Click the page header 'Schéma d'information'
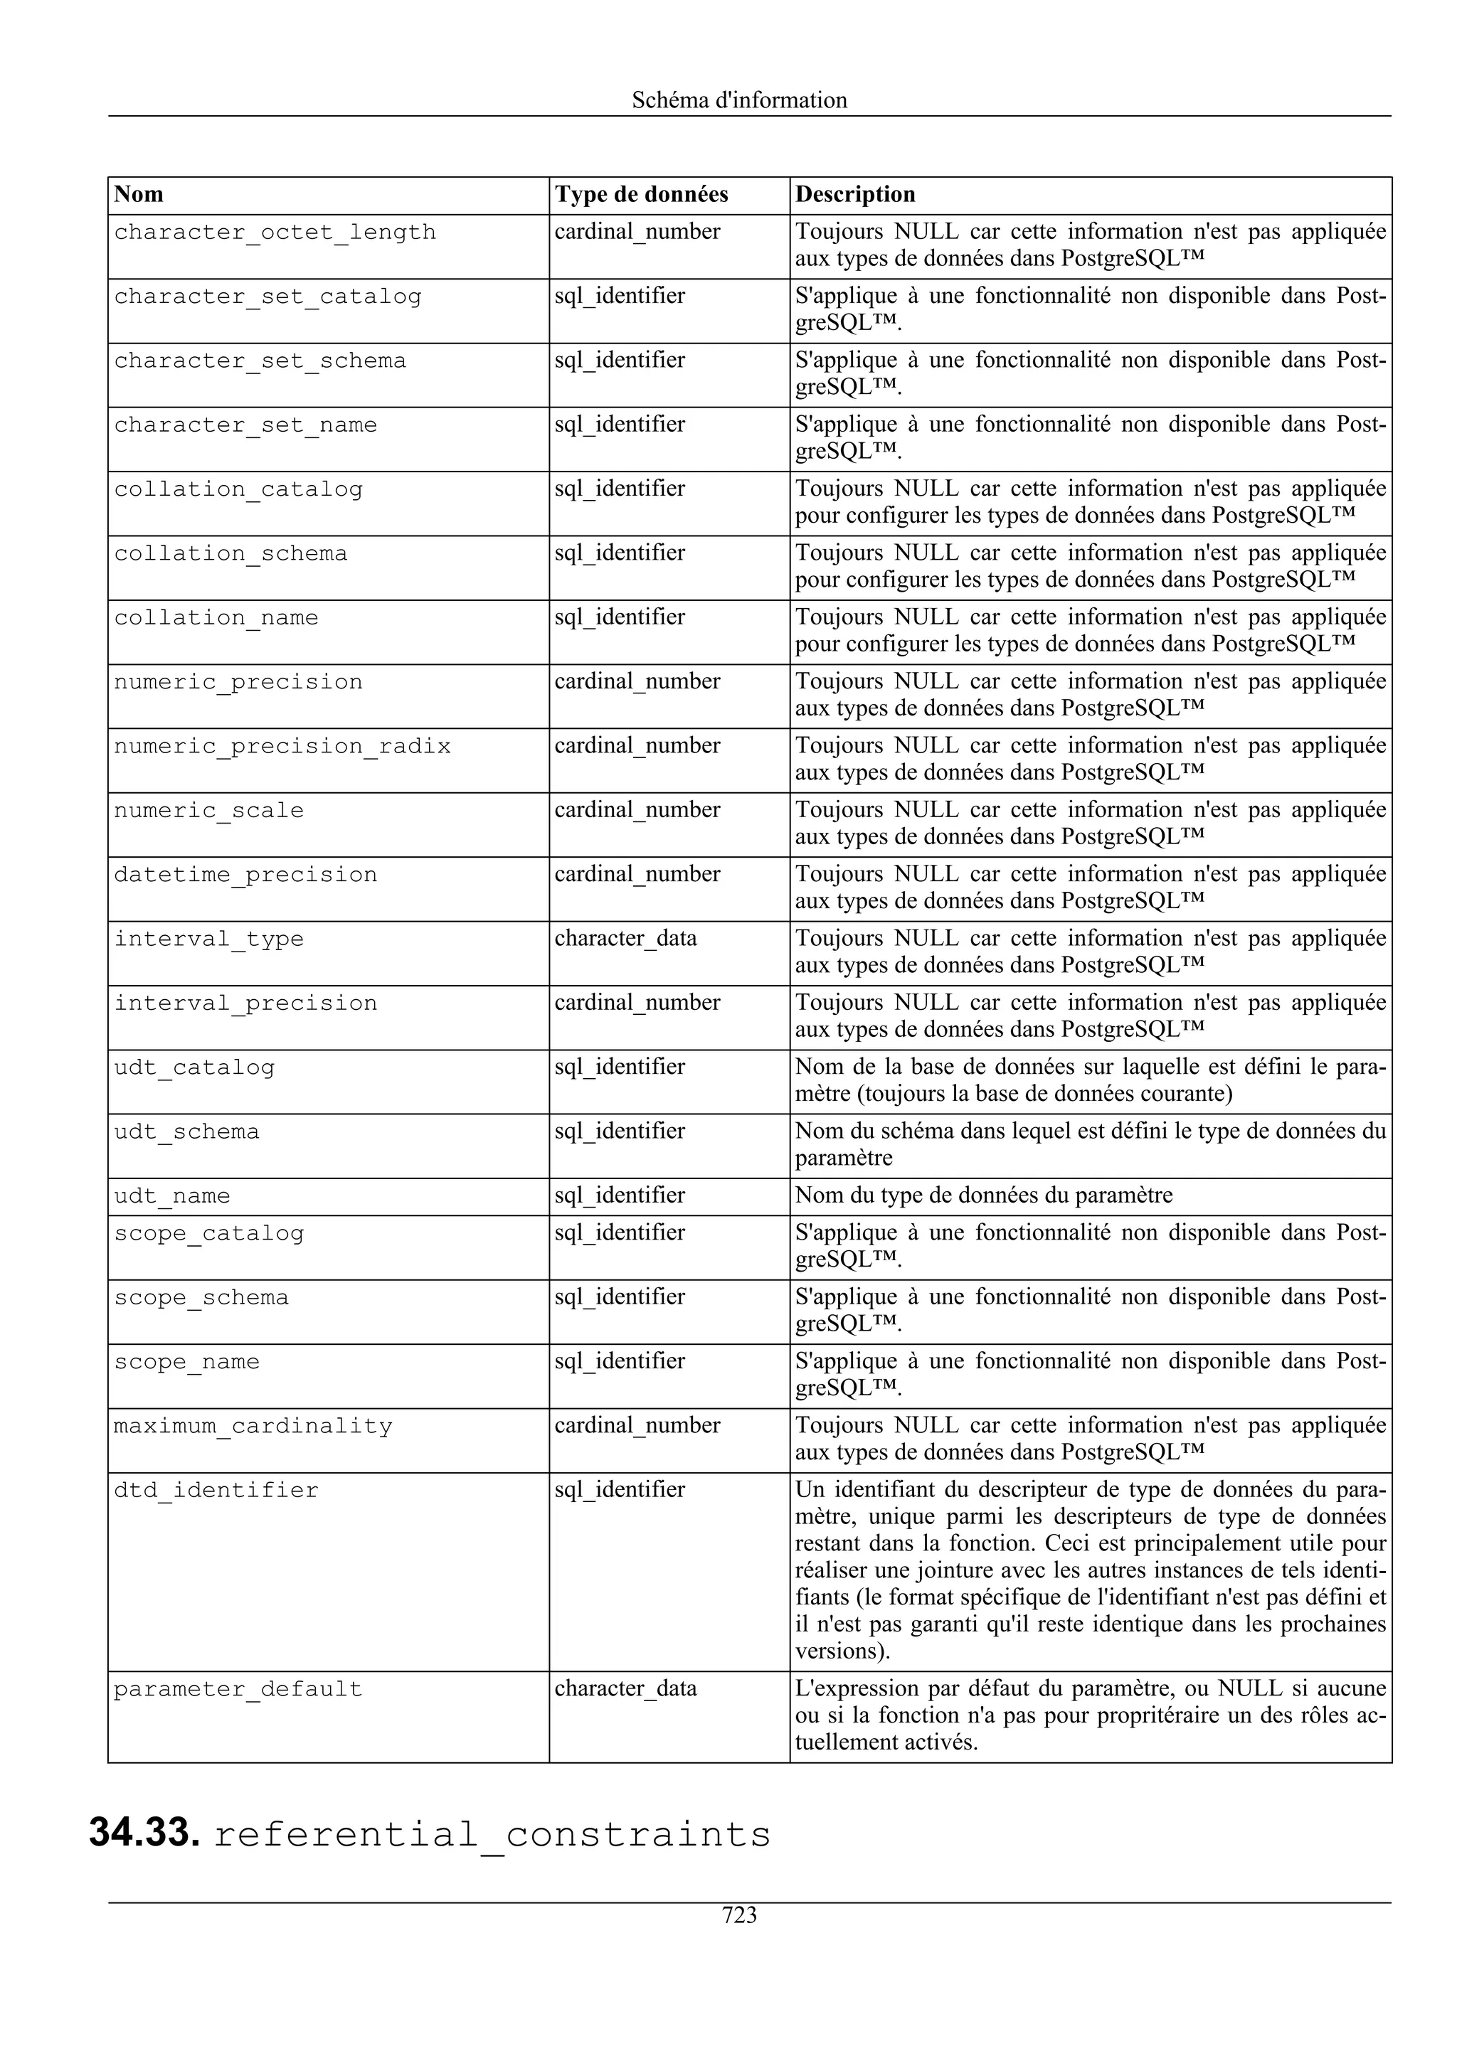click(x=739, y=100)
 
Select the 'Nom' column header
click(x=139, y=195)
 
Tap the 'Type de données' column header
click(x=641, y=195)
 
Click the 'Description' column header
click(x=854, y=195)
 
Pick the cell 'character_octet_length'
click(x=275, y=233)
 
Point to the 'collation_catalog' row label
click(x=238, y=489)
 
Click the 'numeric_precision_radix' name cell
click(x=282, y=746)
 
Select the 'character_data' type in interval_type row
click(x=625, y=938)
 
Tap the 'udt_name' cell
click(x=171, y=1195)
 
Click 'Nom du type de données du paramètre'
click(x=983, y=1195)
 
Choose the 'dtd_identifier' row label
click(x=216, y=1490)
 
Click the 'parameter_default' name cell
click(x=238, y=1688)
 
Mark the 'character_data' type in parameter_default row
click(x=625, y=1688)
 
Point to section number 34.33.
click(x=144, y=1833)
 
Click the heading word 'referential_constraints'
click(x=492, y=1835)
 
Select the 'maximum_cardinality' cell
click(x=253, y=1427)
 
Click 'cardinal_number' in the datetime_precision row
click(x=637, y=873)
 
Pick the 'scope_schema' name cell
click(x=201, y=1298)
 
